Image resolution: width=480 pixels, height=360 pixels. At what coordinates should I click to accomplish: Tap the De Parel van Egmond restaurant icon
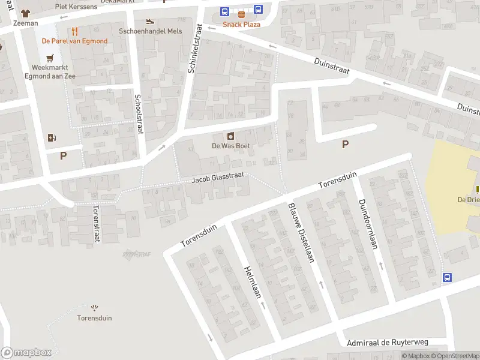tap(74, 31)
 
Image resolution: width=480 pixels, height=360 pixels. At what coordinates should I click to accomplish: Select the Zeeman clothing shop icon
tap(26, 13)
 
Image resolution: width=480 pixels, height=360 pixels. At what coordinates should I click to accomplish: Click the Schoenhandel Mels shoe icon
tap(150, 21)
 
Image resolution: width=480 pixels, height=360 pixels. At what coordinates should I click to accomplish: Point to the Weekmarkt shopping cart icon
tap(50, 57)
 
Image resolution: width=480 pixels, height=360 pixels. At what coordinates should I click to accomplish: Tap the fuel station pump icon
tap(52, 137)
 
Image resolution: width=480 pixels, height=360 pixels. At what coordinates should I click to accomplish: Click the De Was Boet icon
tap(230, 136)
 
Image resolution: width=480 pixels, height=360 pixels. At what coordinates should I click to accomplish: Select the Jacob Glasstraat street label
tap(218, 179)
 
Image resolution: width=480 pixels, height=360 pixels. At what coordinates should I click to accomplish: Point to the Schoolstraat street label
tap(138, 113)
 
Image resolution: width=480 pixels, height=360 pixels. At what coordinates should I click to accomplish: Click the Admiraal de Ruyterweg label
tap(388, 342)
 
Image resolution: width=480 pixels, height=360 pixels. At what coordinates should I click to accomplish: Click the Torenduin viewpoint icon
tap(94, 307)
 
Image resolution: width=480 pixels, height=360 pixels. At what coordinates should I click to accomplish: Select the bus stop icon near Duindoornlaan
tap(447, 277)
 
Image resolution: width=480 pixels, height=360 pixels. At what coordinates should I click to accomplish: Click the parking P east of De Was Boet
tap(345, 144)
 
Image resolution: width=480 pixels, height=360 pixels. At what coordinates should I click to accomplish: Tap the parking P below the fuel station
tap(63, 156)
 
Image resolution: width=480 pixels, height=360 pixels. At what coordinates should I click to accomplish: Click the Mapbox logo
tap(26, 353)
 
